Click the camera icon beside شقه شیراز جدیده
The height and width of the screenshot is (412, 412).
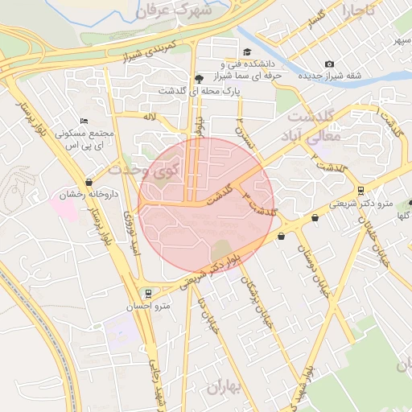pyautogui.click(x=329, y=64)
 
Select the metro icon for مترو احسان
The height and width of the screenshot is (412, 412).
pyautogui.click(x=146, y=294)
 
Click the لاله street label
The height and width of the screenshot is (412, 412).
pyautogui.click(x=148, y=117)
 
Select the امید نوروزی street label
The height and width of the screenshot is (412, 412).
pyautogui.click(x=130, y=234)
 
